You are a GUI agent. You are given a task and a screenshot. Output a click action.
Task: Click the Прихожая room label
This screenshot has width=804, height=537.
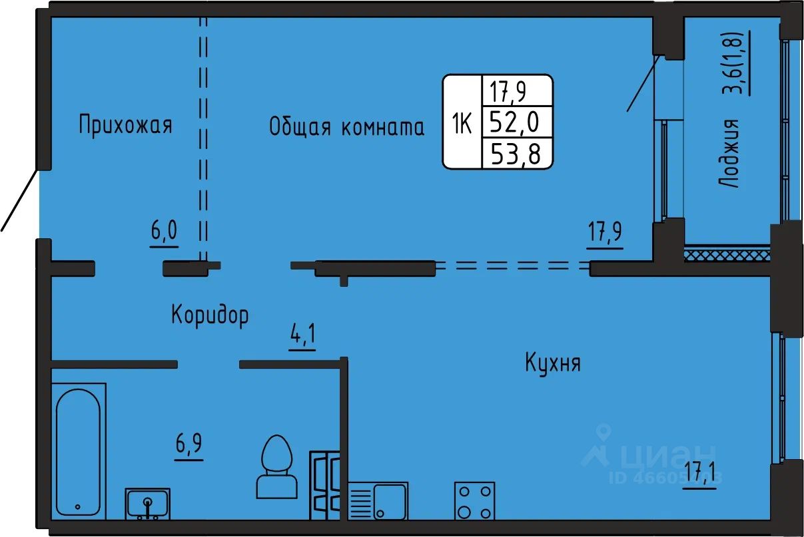point(125,125)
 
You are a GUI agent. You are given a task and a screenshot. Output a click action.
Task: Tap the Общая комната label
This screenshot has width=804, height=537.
point(346,126)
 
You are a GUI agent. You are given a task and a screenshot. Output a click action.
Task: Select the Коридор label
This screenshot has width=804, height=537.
point(210,314)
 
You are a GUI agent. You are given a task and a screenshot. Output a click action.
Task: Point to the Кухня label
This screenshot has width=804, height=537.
point(553,363)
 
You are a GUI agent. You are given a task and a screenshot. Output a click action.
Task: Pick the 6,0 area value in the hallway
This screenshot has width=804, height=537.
point(164,233)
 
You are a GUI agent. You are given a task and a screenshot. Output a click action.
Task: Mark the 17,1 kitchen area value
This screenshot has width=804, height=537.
point(699,477)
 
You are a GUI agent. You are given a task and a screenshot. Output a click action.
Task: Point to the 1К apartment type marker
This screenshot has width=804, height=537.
point(462,123)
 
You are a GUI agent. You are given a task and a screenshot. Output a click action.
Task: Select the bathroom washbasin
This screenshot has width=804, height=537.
point(147,503)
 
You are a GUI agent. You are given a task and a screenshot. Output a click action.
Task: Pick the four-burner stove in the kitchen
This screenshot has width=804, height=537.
point(474,501)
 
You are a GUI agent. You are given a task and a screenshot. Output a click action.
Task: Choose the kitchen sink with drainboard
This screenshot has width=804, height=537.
point(377,500)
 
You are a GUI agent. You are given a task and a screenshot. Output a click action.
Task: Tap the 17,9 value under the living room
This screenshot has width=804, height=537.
point(605,235)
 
